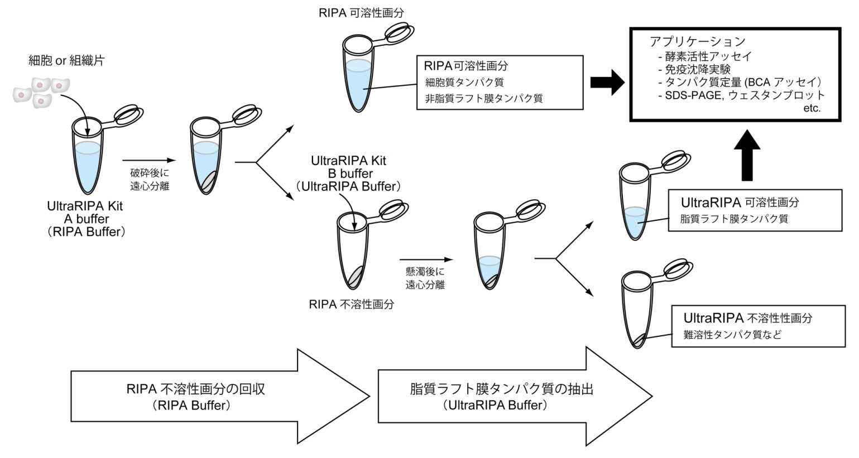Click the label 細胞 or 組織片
(x=66, y=60)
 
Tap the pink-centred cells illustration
(x=42, y=92)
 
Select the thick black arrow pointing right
(x=607, y=83)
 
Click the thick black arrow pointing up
(x=747, y=153)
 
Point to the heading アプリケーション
(x=698, y=41)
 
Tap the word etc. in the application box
(x=812, y=108)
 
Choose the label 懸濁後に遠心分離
(x=425, y=278)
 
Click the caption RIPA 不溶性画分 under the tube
(x=352, y=305)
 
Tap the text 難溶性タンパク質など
(x=732, y=335)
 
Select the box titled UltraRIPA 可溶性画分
(x=755, y=210)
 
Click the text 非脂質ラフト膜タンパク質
(x=483, y=98)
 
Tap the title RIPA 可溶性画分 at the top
(x=361, y=13)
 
